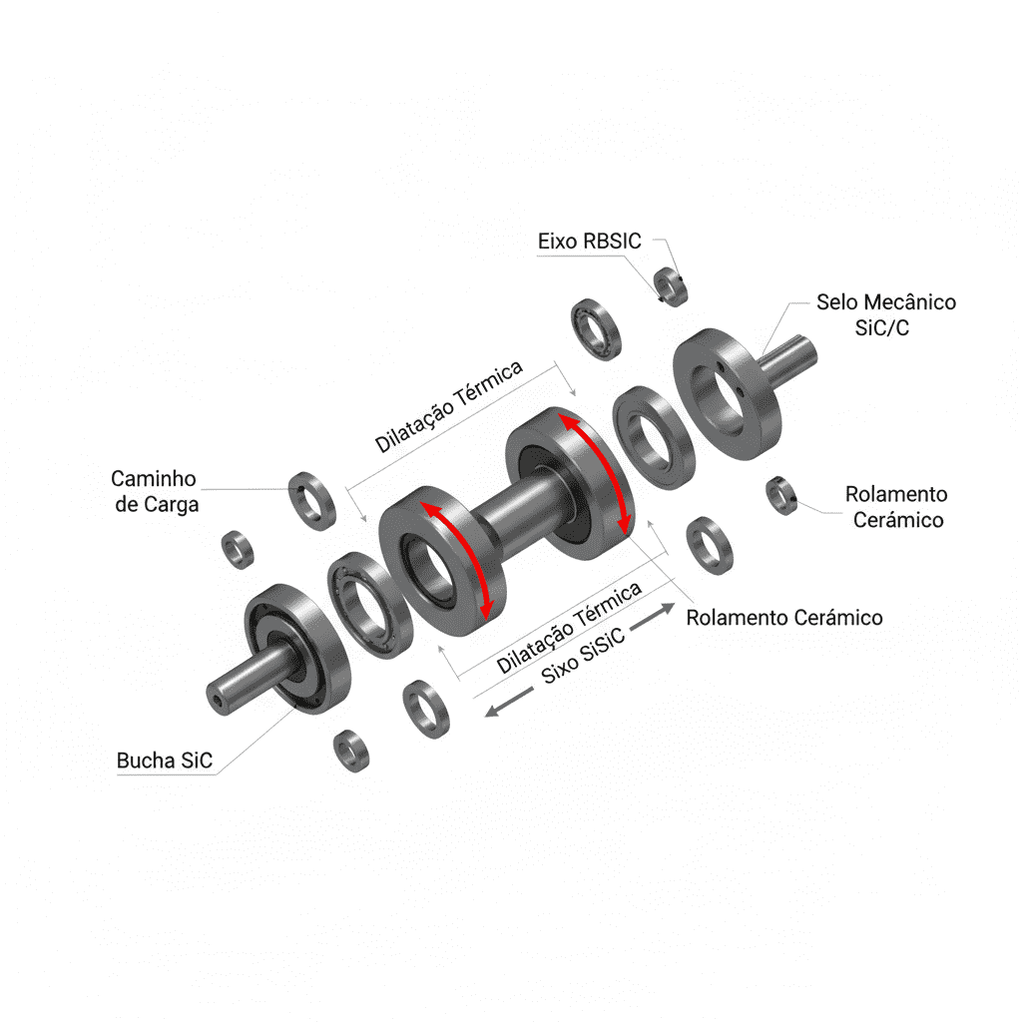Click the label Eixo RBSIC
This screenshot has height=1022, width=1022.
coord(589,242)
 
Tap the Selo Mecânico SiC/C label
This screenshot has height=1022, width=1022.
coord(886,314)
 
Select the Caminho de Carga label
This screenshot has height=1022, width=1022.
coord(155,491)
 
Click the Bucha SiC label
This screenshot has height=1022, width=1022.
coord(165,761)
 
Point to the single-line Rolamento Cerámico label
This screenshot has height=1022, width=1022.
coord(784,617)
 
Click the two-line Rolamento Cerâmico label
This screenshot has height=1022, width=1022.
coord(896,507)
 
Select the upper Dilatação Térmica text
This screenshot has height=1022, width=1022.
coord(448,406)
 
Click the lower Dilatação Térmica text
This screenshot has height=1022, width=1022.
coord(569,628)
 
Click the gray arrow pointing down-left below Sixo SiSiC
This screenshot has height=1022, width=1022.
coord(508,703)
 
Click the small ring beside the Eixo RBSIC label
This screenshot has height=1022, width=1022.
coord(671,286)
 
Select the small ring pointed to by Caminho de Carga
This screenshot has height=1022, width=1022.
coord(312,501)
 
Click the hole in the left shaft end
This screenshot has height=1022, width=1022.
coord(217,701)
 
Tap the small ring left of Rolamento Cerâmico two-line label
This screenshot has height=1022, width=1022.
coord(781,495)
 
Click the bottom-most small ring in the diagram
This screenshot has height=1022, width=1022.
coord(351,751)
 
